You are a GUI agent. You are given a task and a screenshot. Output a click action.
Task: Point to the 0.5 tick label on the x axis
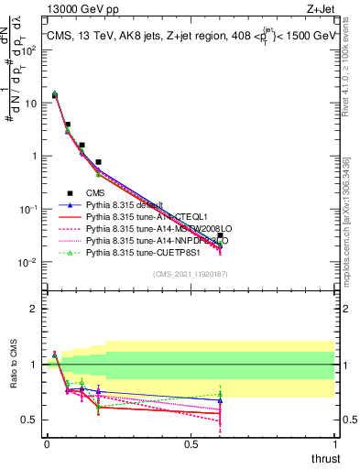[191, 444]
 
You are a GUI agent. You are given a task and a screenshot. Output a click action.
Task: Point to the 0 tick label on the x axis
[47, 444]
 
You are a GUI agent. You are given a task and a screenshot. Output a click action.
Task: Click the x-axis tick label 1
[335, 444]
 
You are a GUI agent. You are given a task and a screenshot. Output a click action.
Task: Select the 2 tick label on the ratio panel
[33, 309]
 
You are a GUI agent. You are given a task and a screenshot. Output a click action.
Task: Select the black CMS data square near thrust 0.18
[98, 162]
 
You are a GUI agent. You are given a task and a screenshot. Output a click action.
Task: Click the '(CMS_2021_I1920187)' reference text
[191, 274]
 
